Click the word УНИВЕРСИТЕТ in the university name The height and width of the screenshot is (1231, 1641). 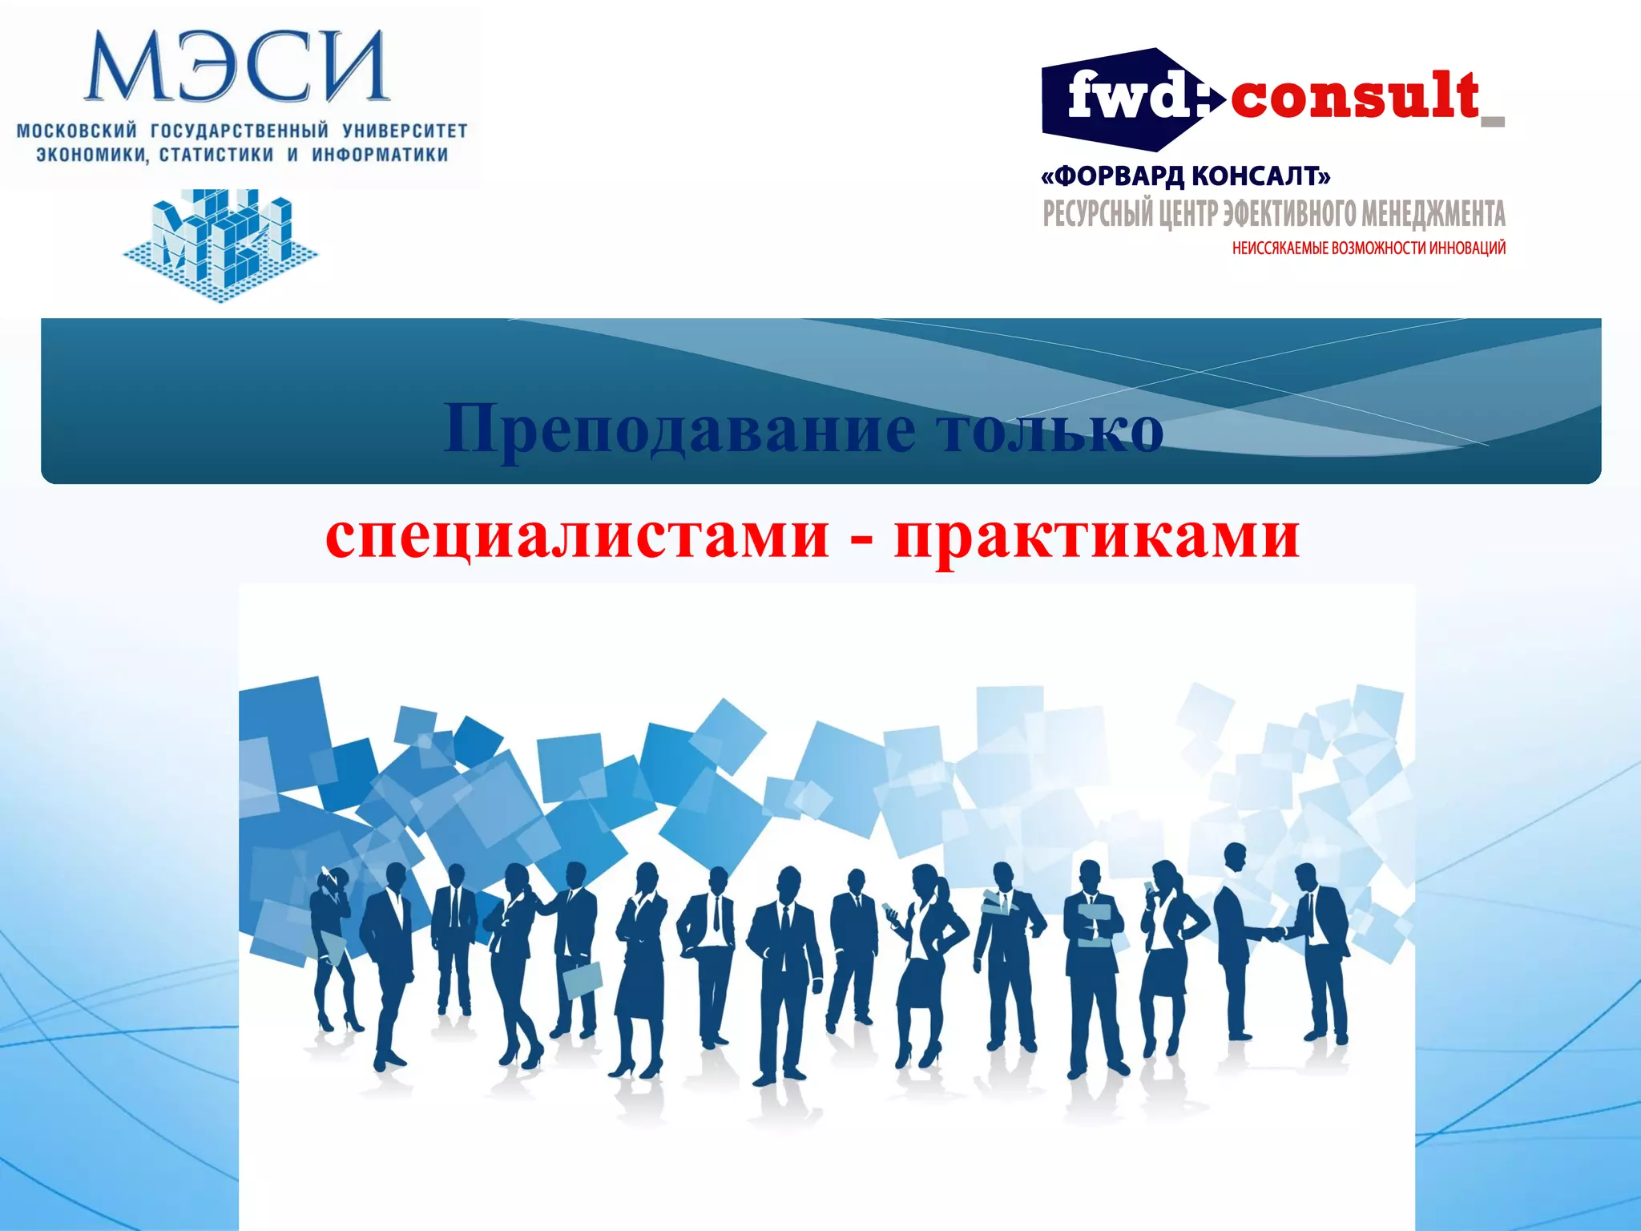pyautogui.click(x=405, y=130)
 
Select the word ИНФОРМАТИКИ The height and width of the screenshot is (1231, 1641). pyautogui.click(x=380, y=155)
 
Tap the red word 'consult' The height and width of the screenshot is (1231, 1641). pyautogui.click(x=1354, y=96)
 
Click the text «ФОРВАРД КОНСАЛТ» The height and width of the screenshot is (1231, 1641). pyautogui.click(x=1186, y=176)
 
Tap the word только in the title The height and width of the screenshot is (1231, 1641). pyautogui.click(x=1050, y=428)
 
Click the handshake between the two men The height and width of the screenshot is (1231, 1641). pyautogui.click(x=1271, y=934)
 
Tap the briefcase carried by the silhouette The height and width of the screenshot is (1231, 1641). pyautogui.click(x=583, y=979)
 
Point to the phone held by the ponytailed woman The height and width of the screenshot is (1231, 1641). pyautogui.click(x=889, y=910)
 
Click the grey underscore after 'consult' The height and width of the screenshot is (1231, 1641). pyautogui.click(x=1493, y=122)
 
